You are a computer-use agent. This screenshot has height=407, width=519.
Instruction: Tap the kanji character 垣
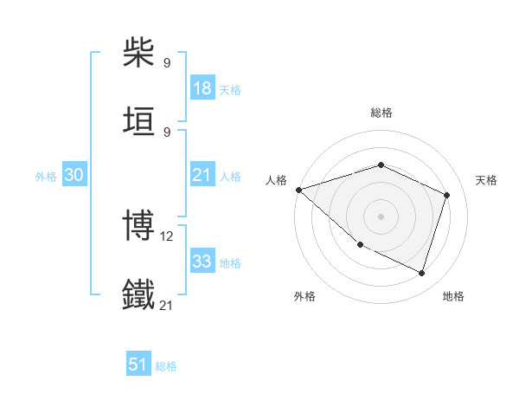click(139, 120)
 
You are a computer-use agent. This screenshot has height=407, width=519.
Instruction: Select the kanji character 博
click(139, 226)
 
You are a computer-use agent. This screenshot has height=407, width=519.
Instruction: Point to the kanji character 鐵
click(139, 294)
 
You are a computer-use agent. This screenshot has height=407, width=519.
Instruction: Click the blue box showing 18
click(202, 88)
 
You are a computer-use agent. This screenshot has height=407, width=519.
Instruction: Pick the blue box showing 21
click(202, 175)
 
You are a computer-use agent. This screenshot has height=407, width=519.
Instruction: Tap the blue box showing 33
click(202, 262)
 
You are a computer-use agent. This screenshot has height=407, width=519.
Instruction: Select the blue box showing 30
click(74, 175)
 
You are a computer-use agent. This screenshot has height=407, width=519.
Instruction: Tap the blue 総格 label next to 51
click(166, 366)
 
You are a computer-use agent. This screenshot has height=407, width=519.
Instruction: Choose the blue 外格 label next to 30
click(46, 176)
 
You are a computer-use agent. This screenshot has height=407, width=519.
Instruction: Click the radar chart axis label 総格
click(381, 113)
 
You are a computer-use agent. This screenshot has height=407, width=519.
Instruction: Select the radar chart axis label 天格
click(486, 180)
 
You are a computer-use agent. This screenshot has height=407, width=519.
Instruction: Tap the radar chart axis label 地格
click(453, 296)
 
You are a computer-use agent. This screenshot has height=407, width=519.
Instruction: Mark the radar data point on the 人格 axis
click(298, 190)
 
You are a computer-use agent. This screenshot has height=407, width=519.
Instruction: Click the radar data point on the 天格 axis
click(447, 195)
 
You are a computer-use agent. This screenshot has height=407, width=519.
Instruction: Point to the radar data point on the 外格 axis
click(360, 244)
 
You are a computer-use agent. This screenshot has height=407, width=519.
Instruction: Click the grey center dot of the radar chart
click(381, 216)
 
